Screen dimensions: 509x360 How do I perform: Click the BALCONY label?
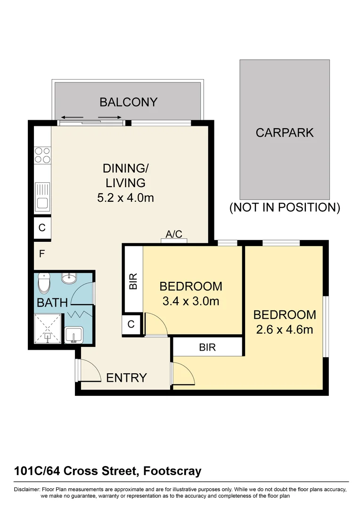tap(128, 102)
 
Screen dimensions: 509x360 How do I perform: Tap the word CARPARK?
tap(284, 132)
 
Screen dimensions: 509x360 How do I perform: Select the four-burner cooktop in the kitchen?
tap(42, 155)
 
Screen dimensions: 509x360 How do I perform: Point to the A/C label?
tap(174, 234)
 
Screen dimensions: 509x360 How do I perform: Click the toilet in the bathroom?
tap(45, 283)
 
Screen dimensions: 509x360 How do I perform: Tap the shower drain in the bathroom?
tap(48, 337)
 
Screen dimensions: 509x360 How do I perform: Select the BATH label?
tap(52, 303)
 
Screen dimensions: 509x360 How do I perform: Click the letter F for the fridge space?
tap(41, 254)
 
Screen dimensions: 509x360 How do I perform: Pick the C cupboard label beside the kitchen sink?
tap(42, 228)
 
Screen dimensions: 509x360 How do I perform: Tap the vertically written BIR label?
tap(133, 282)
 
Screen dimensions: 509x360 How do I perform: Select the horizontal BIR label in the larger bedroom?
tap(207, 347)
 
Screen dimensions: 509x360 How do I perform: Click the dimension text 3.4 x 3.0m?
tap(190, 301)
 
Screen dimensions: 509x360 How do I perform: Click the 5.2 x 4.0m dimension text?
tap(125, 198)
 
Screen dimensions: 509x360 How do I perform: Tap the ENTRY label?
tap(126, 378)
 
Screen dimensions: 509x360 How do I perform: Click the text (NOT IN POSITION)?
tap(284, 207)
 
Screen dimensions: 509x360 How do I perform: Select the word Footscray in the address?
tap(172, 470)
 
